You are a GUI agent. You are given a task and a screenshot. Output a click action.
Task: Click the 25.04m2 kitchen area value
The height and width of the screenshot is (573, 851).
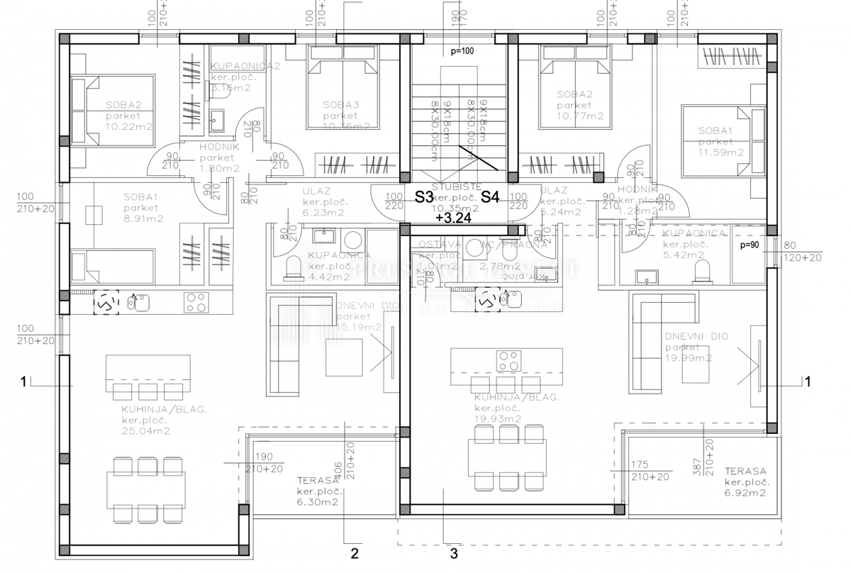[145, 430]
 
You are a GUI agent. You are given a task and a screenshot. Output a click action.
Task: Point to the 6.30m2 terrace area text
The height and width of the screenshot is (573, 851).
[316, 502]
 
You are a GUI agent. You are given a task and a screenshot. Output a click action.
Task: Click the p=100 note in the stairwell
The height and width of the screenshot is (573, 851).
[462, 51]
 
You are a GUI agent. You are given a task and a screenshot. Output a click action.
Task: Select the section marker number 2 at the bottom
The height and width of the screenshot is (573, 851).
[355, 552]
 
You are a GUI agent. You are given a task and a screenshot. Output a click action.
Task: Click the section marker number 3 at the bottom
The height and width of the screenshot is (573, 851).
[454, 552]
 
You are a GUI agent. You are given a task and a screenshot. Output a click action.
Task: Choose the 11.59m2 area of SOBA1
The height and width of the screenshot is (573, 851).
[721, 152]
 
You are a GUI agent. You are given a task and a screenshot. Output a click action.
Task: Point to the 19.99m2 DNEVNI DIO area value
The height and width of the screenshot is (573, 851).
[689, 359]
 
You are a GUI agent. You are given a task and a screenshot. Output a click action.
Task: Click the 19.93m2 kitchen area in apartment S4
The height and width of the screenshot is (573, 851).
[498, 419]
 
